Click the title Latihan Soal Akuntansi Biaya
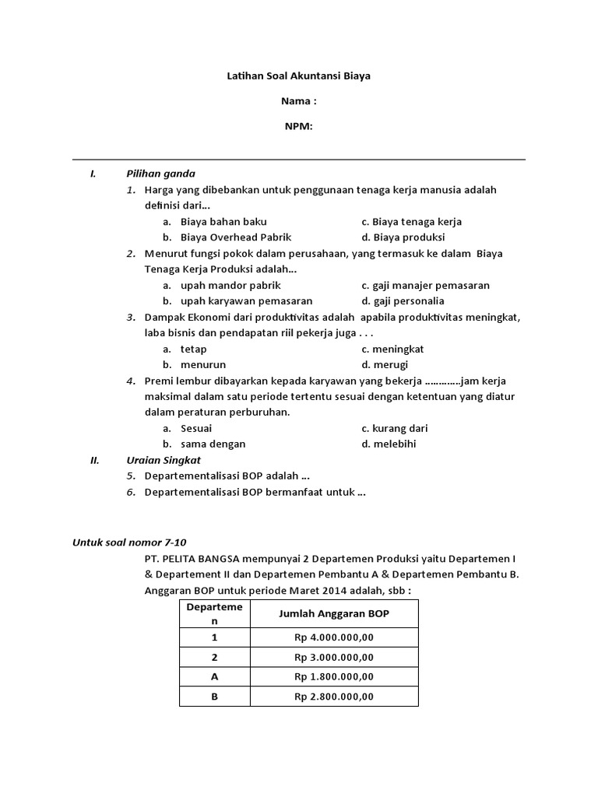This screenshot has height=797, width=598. coord(299,76)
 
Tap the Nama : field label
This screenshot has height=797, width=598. coord(299,101)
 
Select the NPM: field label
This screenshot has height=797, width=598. coord(299,127)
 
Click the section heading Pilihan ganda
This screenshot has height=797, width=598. coord(161,174)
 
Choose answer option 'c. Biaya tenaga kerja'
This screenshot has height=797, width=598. coord(411,222)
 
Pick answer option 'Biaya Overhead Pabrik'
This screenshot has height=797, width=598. coord(235,237)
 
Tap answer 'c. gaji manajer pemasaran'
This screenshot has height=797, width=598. coord(425,286)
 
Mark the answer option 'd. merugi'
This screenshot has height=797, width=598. coord(385,364)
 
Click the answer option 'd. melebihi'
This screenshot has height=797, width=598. coord(389,444)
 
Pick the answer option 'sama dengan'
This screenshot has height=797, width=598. coord(213,444)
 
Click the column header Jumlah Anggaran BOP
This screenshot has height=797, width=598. coord(334,614)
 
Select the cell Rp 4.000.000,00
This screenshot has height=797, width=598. coord(334,637)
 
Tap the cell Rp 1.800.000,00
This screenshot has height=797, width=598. coord(334,677)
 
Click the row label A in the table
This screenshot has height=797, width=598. coord(215,677)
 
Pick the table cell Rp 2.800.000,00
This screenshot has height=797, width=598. coord(334,697)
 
